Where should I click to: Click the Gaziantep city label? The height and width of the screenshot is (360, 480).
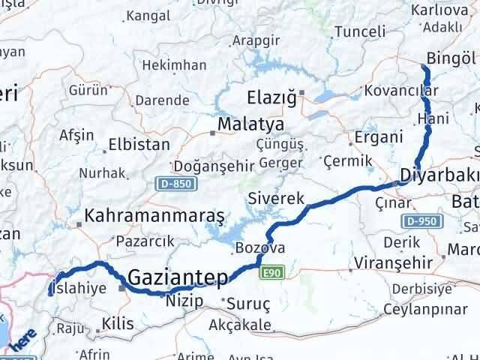click(178, 278)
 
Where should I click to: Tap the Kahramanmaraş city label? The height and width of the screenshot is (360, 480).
click(155, 216)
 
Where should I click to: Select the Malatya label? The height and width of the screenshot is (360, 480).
click(250, 124)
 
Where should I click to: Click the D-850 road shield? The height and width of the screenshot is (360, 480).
click(172, 183)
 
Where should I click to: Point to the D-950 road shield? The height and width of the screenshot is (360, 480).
click(423, 221)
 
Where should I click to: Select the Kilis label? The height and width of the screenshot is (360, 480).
click(119, 325)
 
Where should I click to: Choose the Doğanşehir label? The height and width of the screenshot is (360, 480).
click(209, 166)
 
